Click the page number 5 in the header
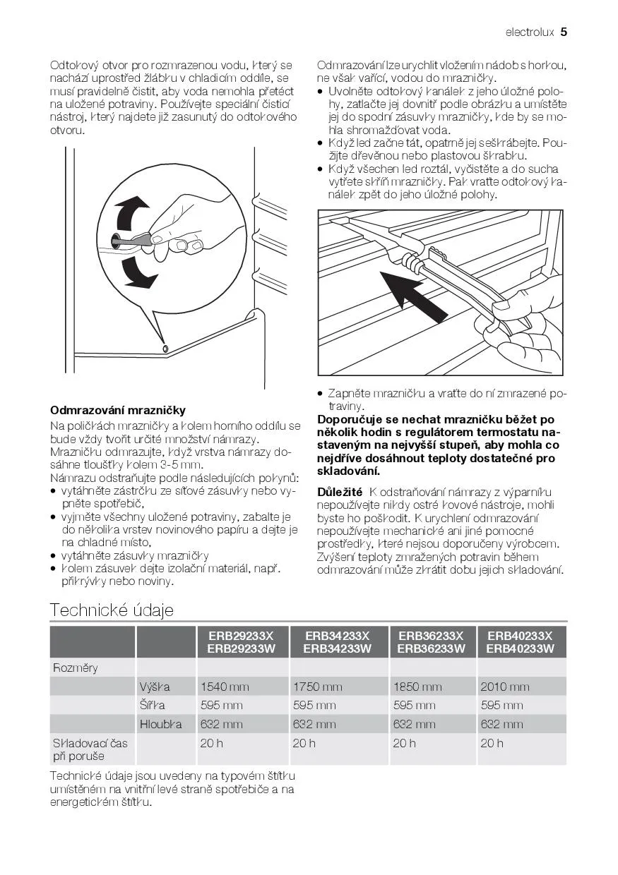[564, 32]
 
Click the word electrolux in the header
[530, 32]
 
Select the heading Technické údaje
[112, 610]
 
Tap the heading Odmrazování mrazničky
[118, 410]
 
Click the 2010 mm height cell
[504, 687]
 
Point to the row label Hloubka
[160, 724]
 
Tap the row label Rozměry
[76, 668]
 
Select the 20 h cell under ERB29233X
[212, 743]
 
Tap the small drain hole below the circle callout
[165, 349]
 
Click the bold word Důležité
[340, 492]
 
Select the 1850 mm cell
[417, 687]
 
